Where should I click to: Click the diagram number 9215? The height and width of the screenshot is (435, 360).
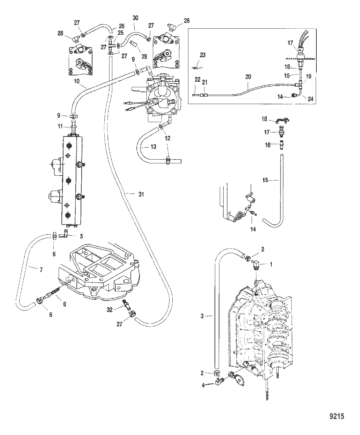337,416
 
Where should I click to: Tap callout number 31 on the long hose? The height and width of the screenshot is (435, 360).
141,194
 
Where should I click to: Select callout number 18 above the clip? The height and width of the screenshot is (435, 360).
264,119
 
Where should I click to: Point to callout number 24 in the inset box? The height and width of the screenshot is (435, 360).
310,99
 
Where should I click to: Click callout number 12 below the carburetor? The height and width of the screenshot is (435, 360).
168,138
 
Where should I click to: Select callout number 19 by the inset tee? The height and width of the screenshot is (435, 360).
309,76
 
